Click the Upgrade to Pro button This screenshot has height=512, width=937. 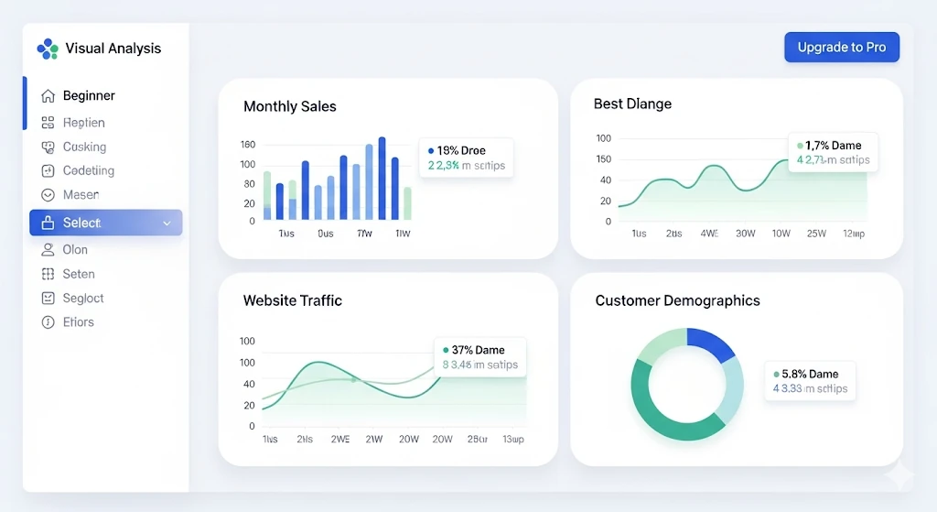(841, 48)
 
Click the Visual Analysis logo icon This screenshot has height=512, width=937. (48, 49)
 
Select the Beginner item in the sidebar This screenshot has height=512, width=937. (89, 96)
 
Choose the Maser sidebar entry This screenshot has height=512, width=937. (81, 195)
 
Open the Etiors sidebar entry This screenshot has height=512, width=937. (78, 322)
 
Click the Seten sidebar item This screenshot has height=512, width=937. (79, 274)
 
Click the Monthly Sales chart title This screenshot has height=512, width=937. (289, 106)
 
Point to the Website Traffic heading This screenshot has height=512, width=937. (292, 300)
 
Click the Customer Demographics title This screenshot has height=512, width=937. (677, 300)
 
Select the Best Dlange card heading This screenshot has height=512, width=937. (632, 104)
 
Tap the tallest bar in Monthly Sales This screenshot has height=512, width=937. (382, 179)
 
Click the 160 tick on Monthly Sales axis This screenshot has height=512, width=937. (247, 145)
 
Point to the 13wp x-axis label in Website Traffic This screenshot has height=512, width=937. (512, 440)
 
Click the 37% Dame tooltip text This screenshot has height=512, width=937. (478, 350)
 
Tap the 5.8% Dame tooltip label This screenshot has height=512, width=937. (810, 374)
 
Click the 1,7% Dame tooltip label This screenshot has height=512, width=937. (833, 146)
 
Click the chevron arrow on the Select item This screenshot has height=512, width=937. (167, 223)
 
